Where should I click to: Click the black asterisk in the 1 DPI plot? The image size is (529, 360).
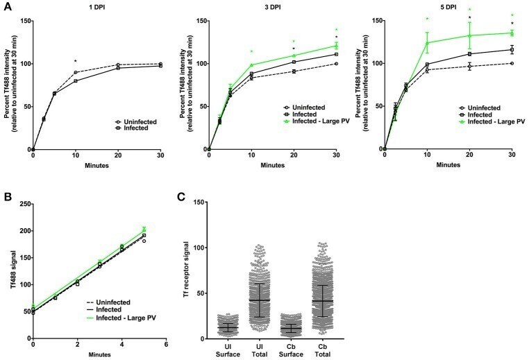pyautogui.click(x=76, y=62)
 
